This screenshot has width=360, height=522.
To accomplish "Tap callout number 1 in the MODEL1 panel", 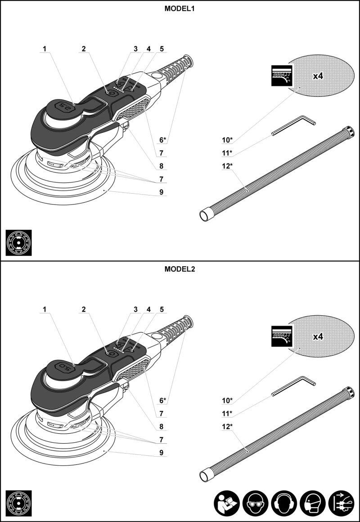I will [x=45, y=49].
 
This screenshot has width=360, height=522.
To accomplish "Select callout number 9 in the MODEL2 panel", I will [x=161, y=453].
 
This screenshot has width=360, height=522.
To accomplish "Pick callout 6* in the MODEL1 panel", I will [x=163, y=139].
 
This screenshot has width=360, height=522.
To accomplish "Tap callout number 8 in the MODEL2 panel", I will [x=161, y=426].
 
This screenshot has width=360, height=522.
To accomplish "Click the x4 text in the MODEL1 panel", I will [x=318, y=76].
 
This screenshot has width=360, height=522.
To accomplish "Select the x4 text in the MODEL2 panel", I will [x=318, y=336].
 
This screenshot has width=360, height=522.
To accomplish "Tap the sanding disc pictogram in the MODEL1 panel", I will [x=19, y=243].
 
